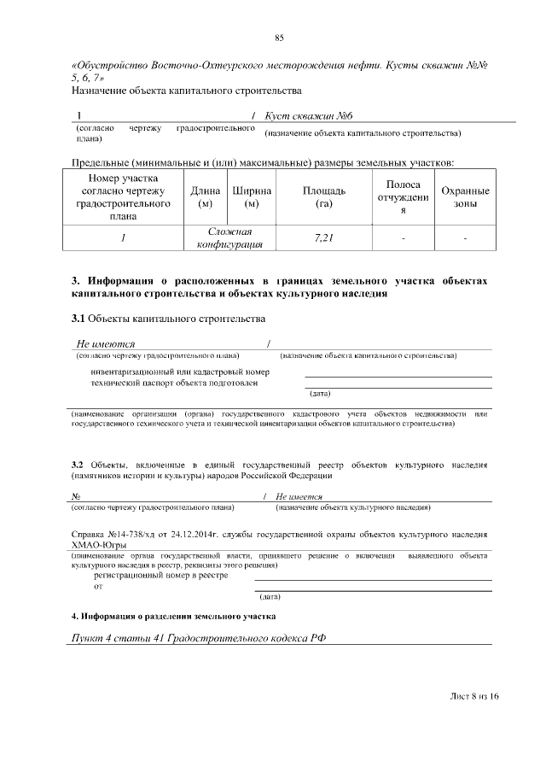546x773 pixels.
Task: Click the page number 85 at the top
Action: pos(279,38)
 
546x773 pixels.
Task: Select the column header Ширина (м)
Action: pos(252,197)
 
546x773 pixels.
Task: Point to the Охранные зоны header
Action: pos(465,197)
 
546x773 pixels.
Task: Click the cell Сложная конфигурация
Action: pos(228,238)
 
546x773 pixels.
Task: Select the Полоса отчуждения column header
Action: pos(402,197)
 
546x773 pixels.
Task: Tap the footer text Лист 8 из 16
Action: pos(473,696)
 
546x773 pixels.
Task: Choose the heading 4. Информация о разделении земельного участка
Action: pos(173,616)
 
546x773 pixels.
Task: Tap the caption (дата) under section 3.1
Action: pos(320,393)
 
